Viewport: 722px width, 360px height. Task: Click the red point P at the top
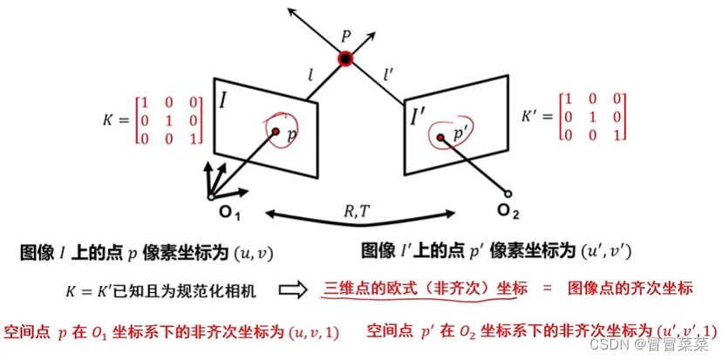tap(345, 59)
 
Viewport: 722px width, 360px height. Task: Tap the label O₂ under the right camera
tap(507, 210)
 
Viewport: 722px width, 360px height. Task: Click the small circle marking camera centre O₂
tap(506, 194)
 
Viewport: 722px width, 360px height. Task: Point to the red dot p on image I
tap(276, 132)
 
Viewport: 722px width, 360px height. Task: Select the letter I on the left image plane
tap(223, 100)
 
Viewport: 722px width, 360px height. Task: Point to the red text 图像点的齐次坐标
tap(630, 289)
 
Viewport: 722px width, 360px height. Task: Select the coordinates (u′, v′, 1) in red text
tap(684, 331)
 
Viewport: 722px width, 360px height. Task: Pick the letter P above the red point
tap(345, 38)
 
